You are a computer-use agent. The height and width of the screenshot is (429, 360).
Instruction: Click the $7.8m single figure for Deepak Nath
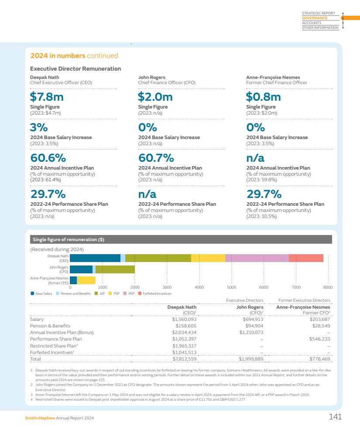pyautogui.click(x=45, y=96)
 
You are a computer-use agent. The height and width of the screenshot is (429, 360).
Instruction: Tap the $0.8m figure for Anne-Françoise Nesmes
pyautogui.click(x=263, y=96)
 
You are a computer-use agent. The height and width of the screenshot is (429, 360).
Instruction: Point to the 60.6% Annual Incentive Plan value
pyautogui.click(x=48, y=158)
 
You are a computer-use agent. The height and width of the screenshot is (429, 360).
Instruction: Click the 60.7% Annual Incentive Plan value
pyautogui.click(x=156, y=158)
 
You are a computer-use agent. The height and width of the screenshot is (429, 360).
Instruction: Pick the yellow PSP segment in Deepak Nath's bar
pyautogui.click(x=208, y=258)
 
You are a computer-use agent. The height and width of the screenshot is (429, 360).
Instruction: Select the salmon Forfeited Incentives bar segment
pyautogui.click(x=306, y=258)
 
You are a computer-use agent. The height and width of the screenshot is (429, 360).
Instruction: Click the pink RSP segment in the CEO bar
pyautogui.click(x=257, y=258)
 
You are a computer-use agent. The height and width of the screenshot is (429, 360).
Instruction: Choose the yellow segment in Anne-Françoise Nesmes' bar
pyautogui.click(x=86, y=280)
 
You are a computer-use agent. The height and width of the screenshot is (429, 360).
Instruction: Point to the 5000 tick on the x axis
pyautogui.click(x=231, y=287)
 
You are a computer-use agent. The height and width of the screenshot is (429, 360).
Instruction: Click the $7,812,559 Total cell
pyautogui.click(x=184, y=359)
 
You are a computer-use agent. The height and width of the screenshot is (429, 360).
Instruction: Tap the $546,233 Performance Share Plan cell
pyautogui.click(x=319, y=339)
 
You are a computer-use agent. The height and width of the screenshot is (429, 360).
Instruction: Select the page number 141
pyautogui.click(x=335, y=417)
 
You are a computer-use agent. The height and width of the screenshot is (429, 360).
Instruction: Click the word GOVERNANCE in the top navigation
pyautogui.click(x=315, y=18)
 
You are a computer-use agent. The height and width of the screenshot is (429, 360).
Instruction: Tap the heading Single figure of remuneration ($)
pyautogui.click(x=69, y=239)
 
